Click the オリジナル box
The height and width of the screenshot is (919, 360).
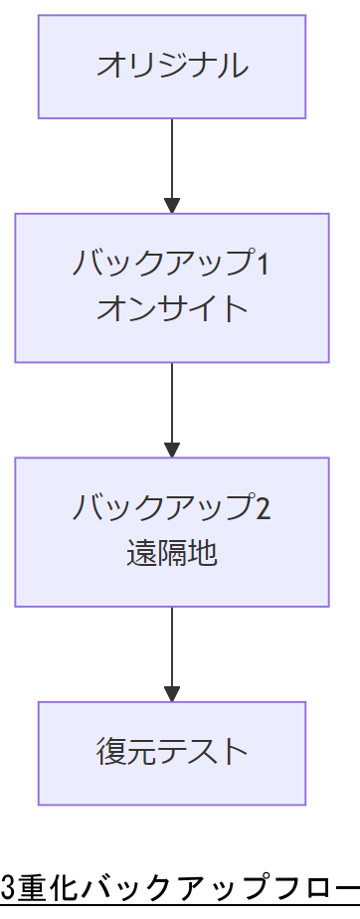[171, 67]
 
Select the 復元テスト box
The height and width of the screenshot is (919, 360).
[171, 753]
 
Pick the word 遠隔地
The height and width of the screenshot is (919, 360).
[171, 553]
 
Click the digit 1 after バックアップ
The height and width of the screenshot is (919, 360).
[263, 265]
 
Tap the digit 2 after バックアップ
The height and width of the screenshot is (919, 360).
[263, 508]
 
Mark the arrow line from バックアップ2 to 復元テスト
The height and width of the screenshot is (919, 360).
[172, 645]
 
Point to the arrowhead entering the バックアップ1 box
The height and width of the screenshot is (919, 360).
[172, 205]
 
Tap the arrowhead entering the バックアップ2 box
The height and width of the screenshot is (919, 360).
[172, 449]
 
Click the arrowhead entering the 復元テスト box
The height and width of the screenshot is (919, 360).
[172, 693]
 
